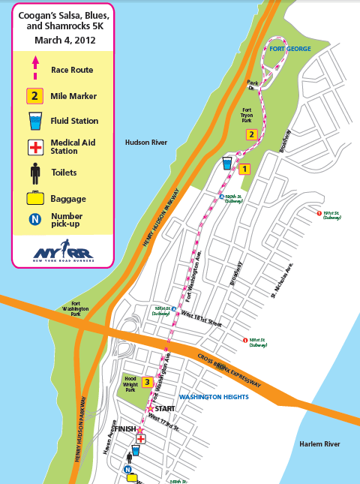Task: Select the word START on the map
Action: click(x=163, y=409)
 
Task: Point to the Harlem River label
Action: click(x=319, y=444)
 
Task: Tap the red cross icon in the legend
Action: click(x=34, y=147)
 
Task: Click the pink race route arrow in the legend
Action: click(x=34, y=71)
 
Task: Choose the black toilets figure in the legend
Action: click(x=34, y=173)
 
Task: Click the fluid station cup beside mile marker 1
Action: click(x=227, y=163)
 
